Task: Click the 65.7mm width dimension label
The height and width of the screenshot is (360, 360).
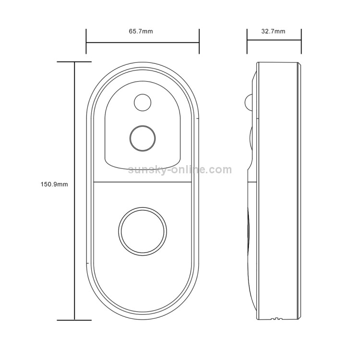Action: (x=141, y=31)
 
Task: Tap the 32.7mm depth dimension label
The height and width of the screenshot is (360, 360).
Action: (x=273, y=31)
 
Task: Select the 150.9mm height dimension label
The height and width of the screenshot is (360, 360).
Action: (x=54, y=184)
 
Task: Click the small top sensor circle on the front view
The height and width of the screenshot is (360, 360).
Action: (x=143, y=102)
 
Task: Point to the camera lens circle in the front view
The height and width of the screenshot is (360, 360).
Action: (x=143, y=138)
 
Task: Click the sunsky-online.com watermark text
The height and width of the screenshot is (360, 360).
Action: (x=180, y=170)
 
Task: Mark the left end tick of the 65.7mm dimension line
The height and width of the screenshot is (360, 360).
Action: (x=86, y=41)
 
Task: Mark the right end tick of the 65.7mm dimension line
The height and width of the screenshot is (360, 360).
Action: (x=199, y=41)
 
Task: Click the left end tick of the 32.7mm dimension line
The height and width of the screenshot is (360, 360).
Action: (x=247, y=41)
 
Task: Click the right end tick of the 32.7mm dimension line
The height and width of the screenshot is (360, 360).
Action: (x=301, y=41)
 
